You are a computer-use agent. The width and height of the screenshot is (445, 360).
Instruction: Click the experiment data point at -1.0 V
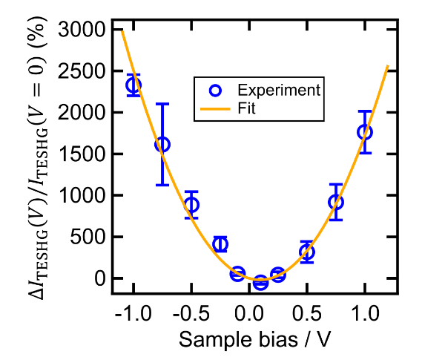coord(133,85)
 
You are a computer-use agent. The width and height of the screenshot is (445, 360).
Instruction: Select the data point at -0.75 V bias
coord(162,144)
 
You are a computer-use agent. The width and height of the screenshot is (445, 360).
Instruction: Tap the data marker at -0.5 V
coord(191,205)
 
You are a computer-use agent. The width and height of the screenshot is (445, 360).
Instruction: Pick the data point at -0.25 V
coord(220,244)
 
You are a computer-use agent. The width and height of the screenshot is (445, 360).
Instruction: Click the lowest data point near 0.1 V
coord(260,283)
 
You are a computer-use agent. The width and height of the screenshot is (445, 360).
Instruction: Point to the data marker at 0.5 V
coord(306,252)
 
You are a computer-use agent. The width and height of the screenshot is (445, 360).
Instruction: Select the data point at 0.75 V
coord(335,203)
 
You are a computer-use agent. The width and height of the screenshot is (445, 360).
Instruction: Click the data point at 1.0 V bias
coord(364,131)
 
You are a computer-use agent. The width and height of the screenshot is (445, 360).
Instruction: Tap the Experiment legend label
coord(278,91)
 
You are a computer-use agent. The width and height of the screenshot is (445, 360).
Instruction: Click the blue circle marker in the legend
coord(215,91)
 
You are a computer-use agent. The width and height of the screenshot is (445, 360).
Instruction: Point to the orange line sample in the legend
coord(215,109)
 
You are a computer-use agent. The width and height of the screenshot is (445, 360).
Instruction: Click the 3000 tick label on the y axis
coord(82,30)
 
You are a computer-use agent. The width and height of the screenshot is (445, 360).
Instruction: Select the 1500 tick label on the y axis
coord(82,154)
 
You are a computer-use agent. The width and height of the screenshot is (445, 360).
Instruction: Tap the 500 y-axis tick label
coord(87,238)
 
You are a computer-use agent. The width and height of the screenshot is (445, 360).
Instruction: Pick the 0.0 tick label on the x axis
coord(249,314)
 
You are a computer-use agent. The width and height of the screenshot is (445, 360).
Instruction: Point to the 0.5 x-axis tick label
coord(306,314)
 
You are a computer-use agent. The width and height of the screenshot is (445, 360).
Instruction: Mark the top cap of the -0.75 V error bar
coord(162,104)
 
